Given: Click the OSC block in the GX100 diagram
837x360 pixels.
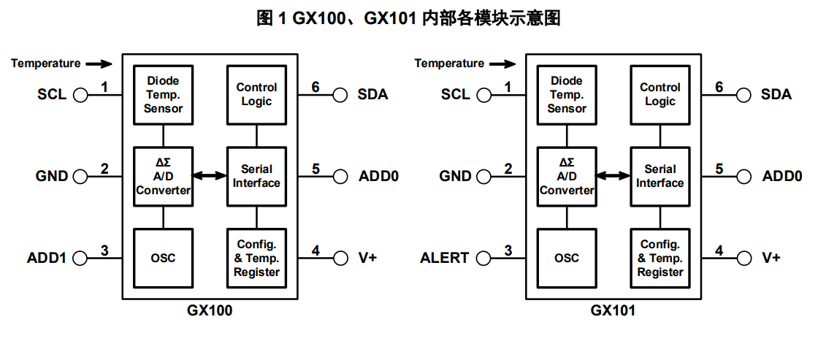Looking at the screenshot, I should pos(163,258).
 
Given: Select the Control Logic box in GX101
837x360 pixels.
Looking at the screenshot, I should pos(660,94).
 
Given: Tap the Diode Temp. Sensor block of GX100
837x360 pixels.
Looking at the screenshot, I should pos(163,94).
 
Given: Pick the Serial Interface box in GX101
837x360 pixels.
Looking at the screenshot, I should pos(660,176).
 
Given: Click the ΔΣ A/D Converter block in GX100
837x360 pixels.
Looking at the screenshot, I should pos(163,176).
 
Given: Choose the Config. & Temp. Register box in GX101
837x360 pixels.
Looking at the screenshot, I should pos(660,258).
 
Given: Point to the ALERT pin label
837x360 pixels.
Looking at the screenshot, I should pos(444,258).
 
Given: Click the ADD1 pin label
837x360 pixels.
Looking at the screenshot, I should pos(46,258).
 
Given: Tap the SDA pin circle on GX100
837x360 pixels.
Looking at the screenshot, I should pos(340,94).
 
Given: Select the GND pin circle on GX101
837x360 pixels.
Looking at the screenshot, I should pos(484,176).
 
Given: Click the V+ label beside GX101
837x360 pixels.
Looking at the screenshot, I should pos(771,258).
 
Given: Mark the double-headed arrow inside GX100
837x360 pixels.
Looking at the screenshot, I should pos(210,175).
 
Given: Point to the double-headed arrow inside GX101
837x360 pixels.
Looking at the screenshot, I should pos(613,175).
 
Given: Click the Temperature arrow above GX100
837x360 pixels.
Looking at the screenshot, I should pos(99,64).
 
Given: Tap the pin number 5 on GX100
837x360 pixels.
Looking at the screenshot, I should pos(316,169).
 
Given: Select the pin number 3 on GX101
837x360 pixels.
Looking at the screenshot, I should pos(508,251).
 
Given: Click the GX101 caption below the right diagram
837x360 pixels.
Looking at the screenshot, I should pos(613,310).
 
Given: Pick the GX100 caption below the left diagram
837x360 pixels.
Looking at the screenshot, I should pos(210,310).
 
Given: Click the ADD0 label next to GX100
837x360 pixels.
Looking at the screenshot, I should pos(378,176).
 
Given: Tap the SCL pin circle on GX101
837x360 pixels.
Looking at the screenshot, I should pos(484,94).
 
